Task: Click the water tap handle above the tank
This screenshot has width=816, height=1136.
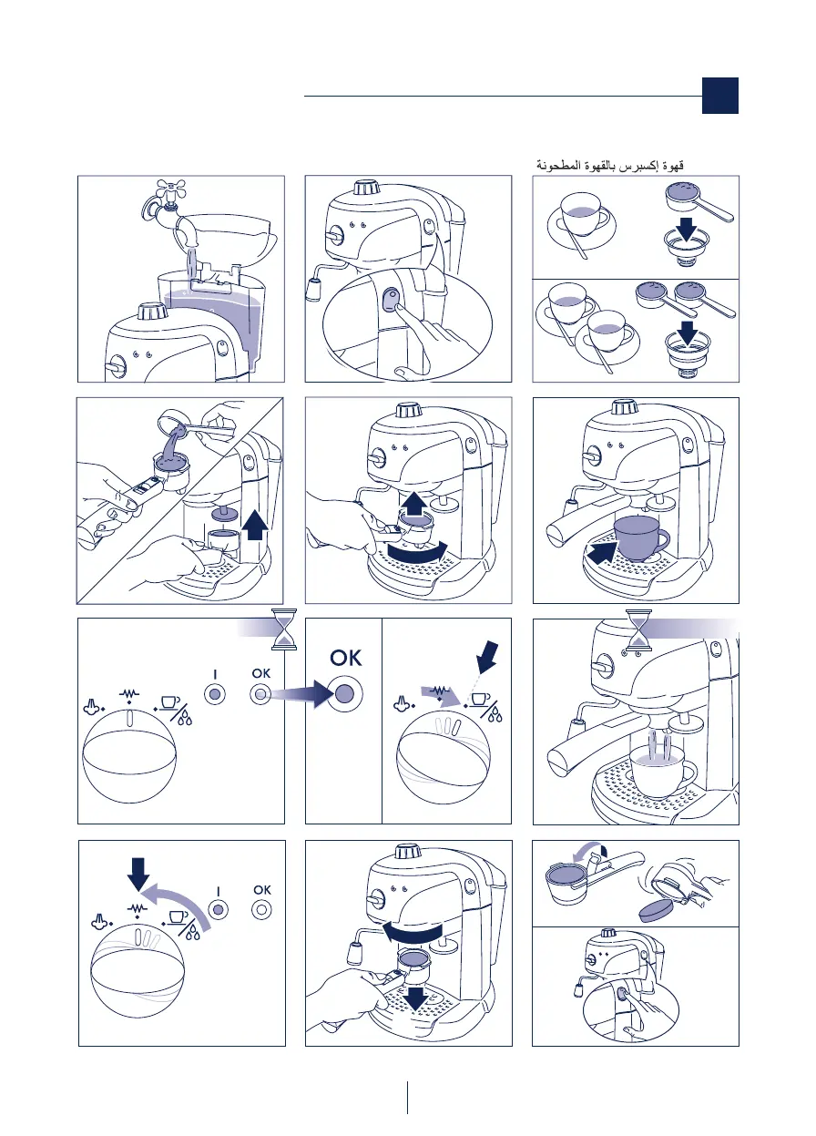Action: pyautogui.click(x=171, y=189)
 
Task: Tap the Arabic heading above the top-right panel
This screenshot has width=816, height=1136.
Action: pyautogui.click(x=610, y=165)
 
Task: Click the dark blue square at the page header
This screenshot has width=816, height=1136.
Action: pyautogui.click(x=719, y=96)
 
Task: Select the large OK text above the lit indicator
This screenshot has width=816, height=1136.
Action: pyautogui.click(x=346, y=658)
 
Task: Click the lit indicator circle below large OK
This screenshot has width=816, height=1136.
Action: pyautogui.click(x=345, y=692)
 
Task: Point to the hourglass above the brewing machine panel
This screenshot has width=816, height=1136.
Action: pyautogui.click(x=638, y=630)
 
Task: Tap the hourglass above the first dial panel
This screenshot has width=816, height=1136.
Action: pyautogui.click(x=284, y=629)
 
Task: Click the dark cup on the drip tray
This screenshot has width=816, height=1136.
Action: pyautogui.click(x=640, y=538)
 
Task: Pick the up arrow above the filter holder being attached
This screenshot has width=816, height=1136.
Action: pyautogui.click(x=413, y=503)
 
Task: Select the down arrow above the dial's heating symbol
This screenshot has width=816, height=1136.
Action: pyautogui.click(x=138, y=875)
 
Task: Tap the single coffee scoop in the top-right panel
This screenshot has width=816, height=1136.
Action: pyautogui.click(x=699, y=202)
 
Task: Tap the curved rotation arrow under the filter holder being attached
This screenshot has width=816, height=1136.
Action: pyautogui.click(x=417, y=551)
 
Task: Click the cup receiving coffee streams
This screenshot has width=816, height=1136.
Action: pyautogui.click(x=663, y=774)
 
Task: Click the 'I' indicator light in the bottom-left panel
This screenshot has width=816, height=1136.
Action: pyautogui.click(x=218, y=910)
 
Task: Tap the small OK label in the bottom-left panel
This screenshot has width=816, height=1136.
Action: pyautogui.click(x=262, y=890)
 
